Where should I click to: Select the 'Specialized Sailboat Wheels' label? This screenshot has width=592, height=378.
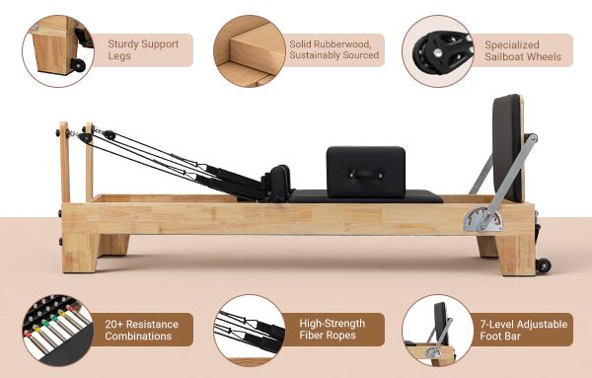coord(522,50)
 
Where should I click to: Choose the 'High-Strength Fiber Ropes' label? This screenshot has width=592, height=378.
coord(332,330)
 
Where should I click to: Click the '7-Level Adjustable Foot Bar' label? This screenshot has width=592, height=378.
coord(522,330)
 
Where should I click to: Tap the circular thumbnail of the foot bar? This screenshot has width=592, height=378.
coord(435,330)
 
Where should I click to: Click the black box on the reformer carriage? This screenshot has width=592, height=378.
coord(366,168)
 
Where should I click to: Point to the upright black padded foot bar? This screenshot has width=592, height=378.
coord(510,143)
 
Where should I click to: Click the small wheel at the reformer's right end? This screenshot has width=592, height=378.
coord(542,264)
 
